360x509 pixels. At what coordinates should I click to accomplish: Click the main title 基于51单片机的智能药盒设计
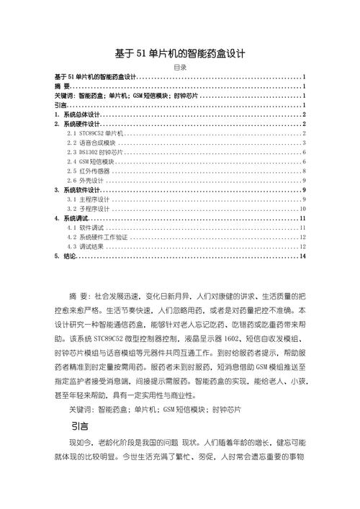180,53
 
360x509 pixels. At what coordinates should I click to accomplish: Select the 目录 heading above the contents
180,67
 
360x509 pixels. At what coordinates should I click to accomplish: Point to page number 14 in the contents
303,256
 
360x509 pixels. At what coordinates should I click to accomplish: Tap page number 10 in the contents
303,208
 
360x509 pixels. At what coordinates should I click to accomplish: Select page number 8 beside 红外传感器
305,171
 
